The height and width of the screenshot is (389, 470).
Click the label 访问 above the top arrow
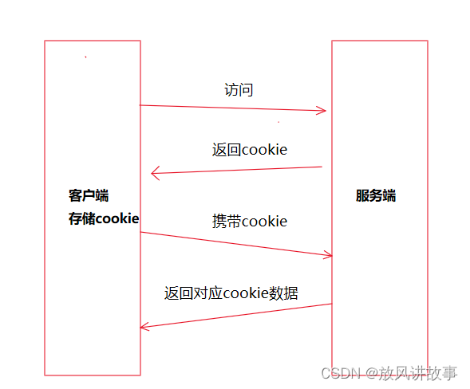pos(239,90)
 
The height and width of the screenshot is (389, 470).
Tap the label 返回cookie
pos(249,150)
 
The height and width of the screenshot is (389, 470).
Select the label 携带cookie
pos(249,221)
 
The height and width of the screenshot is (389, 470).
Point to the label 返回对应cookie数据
pos(231,293)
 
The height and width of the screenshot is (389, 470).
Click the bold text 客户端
pos(89,195)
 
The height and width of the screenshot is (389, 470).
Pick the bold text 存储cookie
pos(104,218)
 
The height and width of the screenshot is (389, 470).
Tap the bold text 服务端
pos(376,195)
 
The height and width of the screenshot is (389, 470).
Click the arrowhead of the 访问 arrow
pos(323,111)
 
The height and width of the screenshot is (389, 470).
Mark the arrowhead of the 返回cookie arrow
pos(156,172)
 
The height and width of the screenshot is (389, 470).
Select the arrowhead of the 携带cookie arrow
pos(327,255)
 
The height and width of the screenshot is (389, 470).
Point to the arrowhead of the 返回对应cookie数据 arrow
pos(144,326)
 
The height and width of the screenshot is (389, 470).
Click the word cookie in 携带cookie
pos(264,221)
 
